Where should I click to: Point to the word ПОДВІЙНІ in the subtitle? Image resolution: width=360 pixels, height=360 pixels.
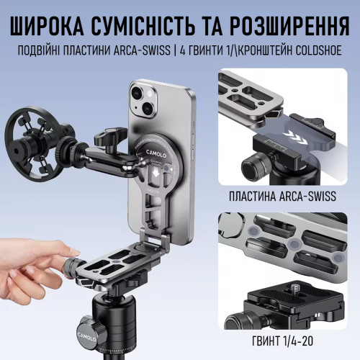click(40, 50)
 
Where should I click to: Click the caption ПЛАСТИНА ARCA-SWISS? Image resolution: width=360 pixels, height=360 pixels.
click(282, 197)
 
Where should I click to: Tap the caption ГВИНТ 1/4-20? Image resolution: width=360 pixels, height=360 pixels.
click(282, 341)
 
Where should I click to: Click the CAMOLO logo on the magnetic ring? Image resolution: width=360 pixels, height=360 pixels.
click(156, 153)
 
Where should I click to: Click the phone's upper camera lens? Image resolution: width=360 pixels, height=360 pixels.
click(138, 92)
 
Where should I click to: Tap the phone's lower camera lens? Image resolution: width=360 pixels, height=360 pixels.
click(149, 107)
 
